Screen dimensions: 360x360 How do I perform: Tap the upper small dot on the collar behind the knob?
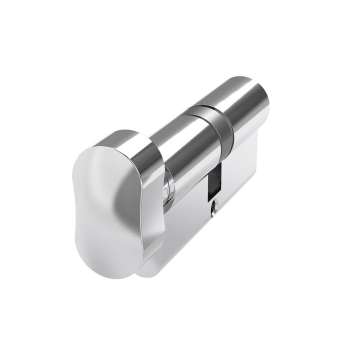coord(165,184)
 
